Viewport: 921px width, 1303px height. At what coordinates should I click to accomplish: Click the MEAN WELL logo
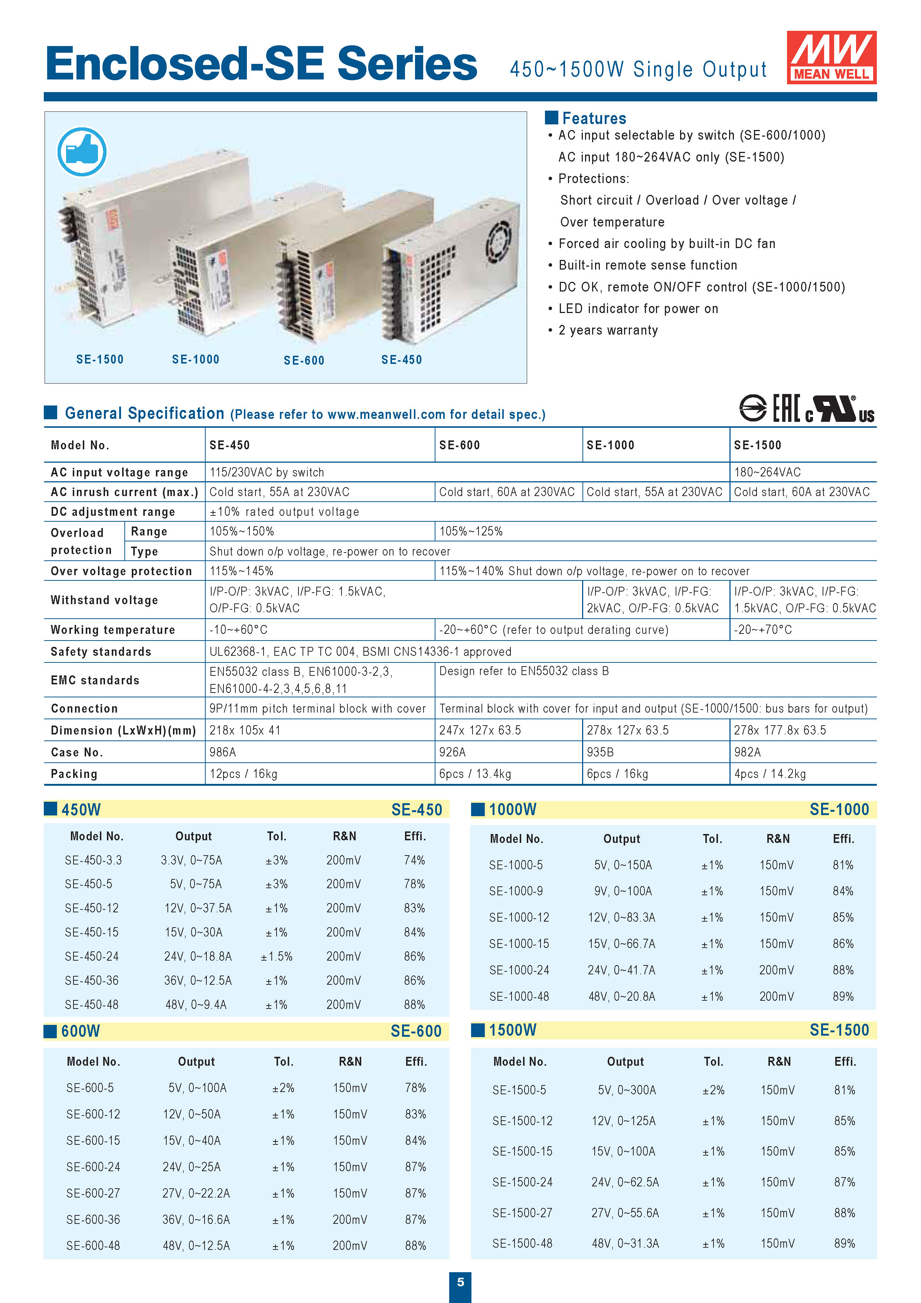tap(831, 57)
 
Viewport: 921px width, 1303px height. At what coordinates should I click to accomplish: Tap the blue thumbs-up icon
tap(82, 152)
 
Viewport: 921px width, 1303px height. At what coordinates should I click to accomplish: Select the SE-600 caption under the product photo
tap(304, 360)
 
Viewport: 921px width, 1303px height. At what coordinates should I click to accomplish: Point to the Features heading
tap(594, 118)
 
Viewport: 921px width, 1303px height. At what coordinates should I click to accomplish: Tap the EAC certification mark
tap(787, 408)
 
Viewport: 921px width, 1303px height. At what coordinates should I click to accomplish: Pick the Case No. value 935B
tap(600, 752)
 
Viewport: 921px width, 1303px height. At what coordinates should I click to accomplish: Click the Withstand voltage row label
tap(104, 600)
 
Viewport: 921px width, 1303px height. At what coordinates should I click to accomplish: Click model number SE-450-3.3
tap(93, 860)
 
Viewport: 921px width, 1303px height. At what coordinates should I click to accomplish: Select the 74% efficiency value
tap(414, 860)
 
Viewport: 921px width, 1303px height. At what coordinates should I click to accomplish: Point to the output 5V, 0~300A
tap(627, 1090)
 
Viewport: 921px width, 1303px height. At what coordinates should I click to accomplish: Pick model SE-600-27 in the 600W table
tap(93, 1193)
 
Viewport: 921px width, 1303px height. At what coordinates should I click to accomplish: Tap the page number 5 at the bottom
tap(460, 1281)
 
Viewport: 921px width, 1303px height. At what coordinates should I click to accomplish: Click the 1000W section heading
tap(512, 809)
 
